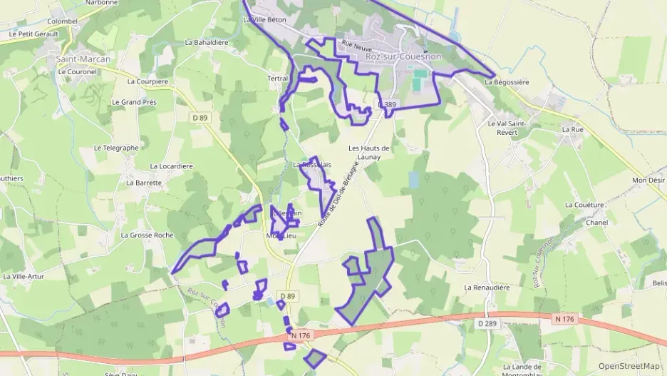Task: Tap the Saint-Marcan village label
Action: (x=83, y=59)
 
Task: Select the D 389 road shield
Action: (x=387, y=105)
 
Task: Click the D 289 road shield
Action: (x=487, y=323)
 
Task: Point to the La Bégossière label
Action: (x=507, y=82)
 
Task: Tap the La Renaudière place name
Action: (x=487, y=288)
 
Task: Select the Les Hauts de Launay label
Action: (x=364, y=152)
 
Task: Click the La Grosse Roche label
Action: (x=147, y=235)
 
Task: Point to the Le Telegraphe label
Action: (x=116, y=148)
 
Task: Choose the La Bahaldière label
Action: (x=207, y=42)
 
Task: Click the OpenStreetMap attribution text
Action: (x=629, y=366)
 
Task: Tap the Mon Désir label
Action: (x=648, y=181)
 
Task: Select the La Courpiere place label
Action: (x=148, y=81)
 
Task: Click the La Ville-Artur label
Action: (x=24, y=276)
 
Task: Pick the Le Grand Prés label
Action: (x=134, y=102)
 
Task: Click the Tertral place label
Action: (x=277, y=78)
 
